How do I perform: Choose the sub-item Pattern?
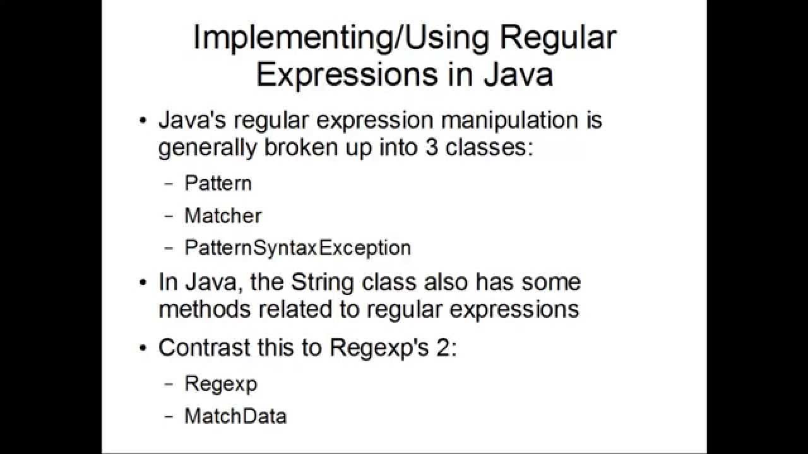coord(218,183)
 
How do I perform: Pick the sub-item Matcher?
coord(223,216)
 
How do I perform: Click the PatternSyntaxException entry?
coord(297,248)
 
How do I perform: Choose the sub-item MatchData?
coord(235,416)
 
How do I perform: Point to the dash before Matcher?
coord(169,216)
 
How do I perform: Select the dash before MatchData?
coord(169,417)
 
